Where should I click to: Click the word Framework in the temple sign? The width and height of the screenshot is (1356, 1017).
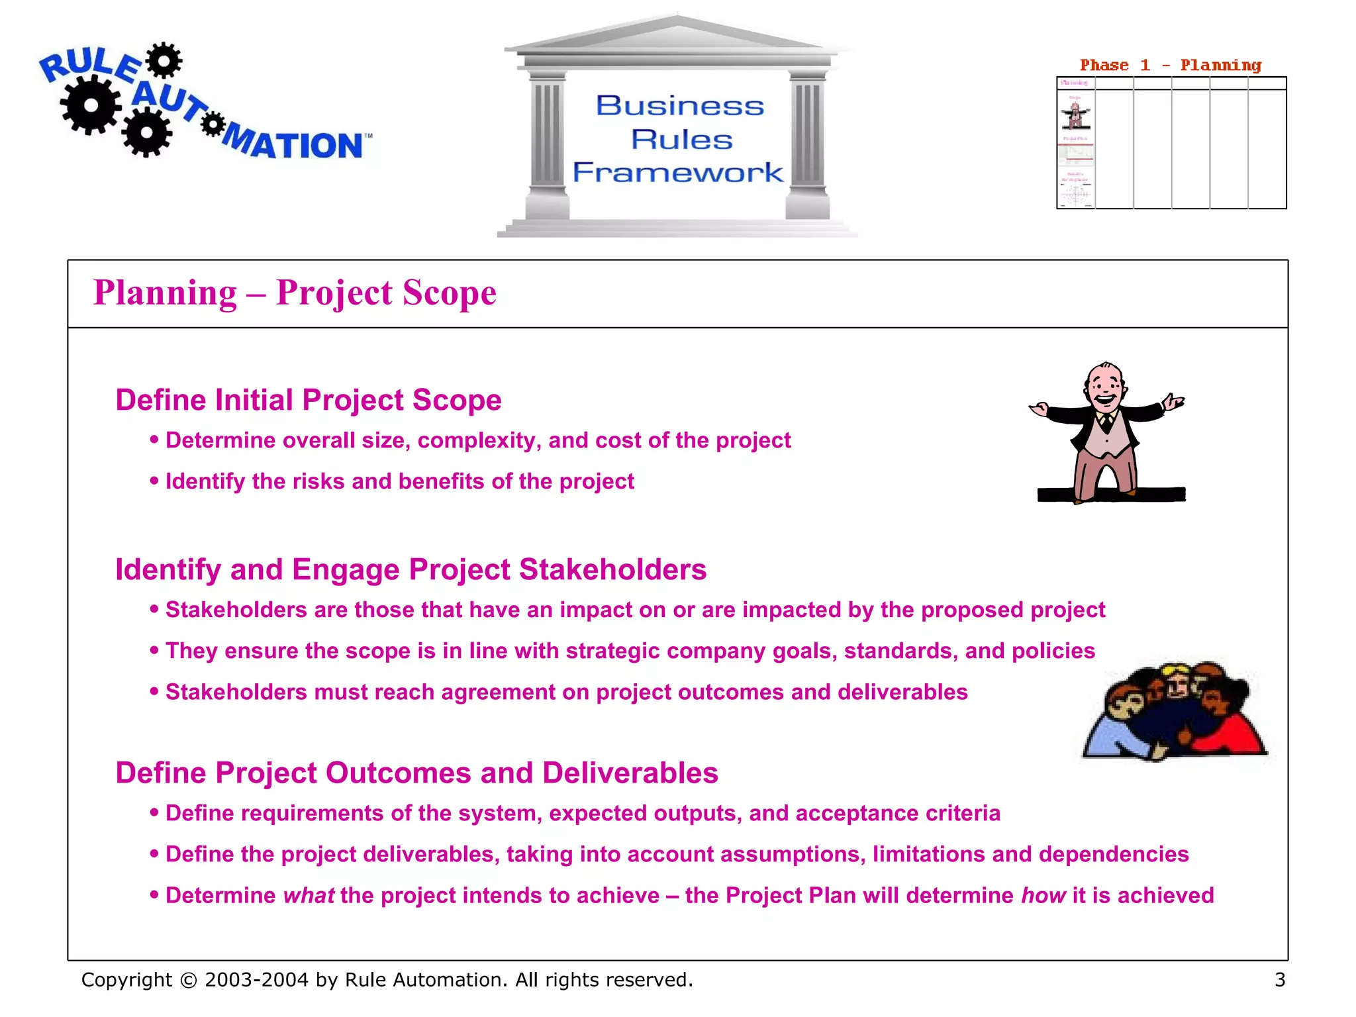point(677,172)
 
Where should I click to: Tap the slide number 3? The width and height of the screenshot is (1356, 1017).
point(1279,979)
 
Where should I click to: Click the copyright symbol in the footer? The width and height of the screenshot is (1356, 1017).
point(188,980)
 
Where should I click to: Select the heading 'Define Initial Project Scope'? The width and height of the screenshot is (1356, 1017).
point(309,400)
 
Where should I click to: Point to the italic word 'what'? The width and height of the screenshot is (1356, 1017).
point(309,895)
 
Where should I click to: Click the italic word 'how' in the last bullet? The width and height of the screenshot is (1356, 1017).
point(1043,895)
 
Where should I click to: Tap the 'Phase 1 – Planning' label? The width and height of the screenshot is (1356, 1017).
point(1170,65)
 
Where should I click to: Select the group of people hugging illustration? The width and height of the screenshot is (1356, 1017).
point(1174,712)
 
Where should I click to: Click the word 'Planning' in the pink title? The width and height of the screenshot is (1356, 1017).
point(165,293)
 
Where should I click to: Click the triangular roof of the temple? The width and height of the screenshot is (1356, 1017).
point(677,33)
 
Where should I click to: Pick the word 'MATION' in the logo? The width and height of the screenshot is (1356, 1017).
point(295,144)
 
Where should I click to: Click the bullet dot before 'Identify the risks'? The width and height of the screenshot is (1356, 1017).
point(154,481)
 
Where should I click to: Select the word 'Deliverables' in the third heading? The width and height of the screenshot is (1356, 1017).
point(630,773)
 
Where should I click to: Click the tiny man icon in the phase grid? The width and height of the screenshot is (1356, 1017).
point(1075,115)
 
